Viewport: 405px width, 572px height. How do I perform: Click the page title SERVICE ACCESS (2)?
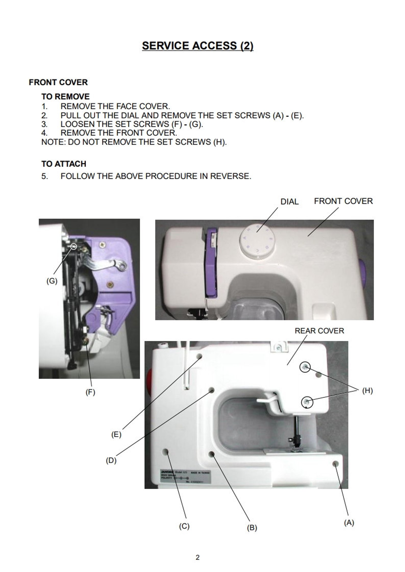point(198,46)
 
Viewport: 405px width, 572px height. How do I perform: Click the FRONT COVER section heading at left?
point(58,82)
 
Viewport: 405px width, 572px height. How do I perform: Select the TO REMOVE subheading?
point(66,96)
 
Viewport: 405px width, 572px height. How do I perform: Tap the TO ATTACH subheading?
point(64,164)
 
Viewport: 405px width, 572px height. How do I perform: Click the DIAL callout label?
point(289,202)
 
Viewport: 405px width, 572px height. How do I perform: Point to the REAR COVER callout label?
point(319,331)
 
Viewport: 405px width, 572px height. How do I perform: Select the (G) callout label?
point(52,281)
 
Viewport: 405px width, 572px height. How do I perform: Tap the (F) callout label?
point(90,392)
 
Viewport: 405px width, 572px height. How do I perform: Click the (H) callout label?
point(368,390)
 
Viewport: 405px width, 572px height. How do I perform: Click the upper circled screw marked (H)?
point(305,367)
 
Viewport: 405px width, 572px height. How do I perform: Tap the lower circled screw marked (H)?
point(307,402)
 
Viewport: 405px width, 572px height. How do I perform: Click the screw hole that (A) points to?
point(336,464)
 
